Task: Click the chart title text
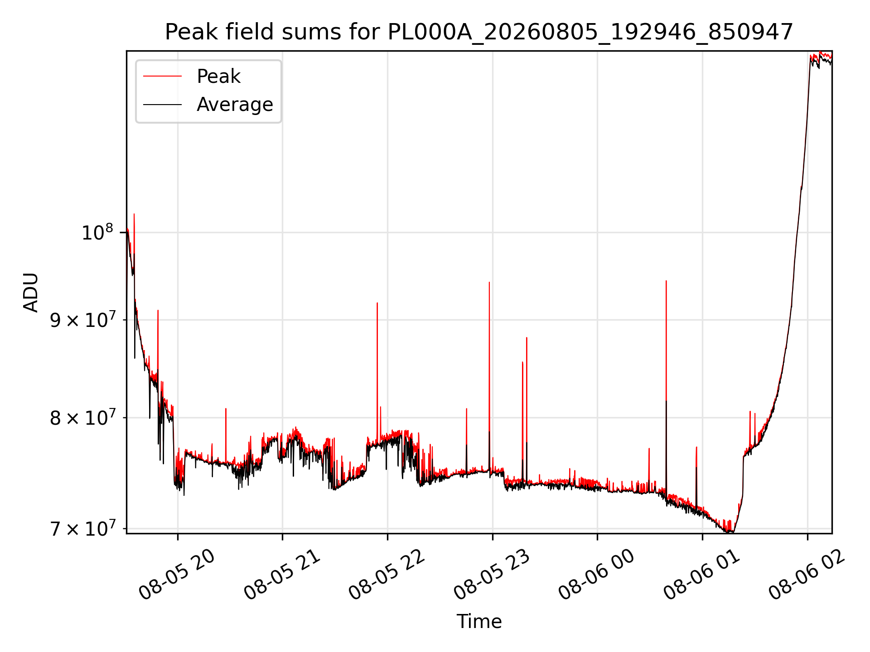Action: [x=479, y=32]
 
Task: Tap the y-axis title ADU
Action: [x=31, y=292]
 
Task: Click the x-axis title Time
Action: [x=479, y=622]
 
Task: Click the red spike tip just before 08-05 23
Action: [x=489, y=283]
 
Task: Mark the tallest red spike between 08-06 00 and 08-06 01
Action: [x=666, y=281]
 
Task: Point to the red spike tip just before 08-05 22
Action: [x=377, y=303]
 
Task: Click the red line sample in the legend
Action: [x=162, y=77]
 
